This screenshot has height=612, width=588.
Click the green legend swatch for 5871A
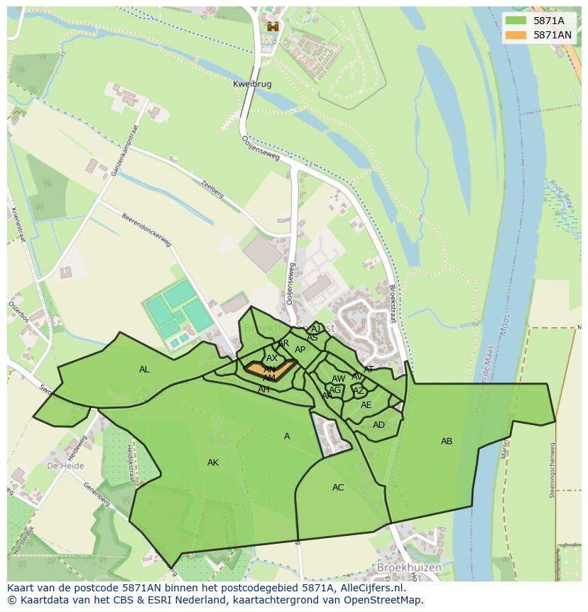(516, 21)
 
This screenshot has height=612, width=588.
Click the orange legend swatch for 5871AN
(516, 35)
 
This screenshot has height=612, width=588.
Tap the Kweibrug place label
(252, 84)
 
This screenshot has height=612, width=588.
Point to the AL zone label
(144, 370)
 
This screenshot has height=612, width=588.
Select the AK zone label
(213, 463)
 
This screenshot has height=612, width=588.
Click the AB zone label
(447, 441)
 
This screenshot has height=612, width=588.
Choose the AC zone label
(338, 488)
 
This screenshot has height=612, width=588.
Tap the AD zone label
(379, 425)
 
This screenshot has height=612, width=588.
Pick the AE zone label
(366, 405)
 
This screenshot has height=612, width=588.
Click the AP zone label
(300, 350)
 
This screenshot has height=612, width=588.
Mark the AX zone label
(272, 359)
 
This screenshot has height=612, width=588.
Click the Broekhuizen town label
(409, 568)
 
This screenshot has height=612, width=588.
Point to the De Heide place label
(65, 466)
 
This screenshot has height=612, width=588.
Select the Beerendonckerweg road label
(147, 230)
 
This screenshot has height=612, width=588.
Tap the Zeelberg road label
(213, 188)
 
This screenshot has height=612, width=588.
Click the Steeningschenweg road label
(552, 470)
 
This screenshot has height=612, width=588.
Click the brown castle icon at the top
(272, 27)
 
